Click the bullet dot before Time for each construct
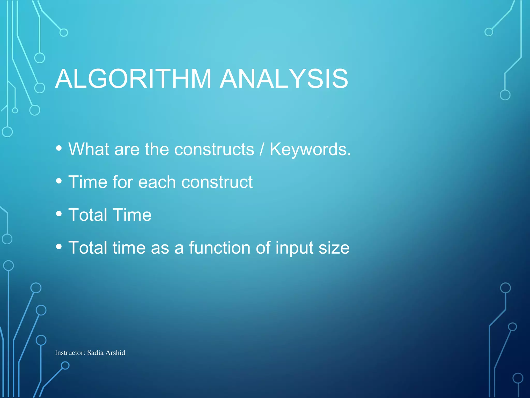coord(59,181)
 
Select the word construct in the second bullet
coord(217,182)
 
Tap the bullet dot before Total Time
coord(59,214)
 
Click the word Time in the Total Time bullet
coord(132,215)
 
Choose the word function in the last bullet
coord(220,248)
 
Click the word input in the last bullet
coord(294,248)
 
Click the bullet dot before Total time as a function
coord(59,247)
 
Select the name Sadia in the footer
coord(95,353)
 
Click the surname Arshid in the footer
coord(115,353)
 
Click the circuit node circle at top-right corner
coord(489,32)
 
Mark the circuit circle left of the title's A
coord(40,88)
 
